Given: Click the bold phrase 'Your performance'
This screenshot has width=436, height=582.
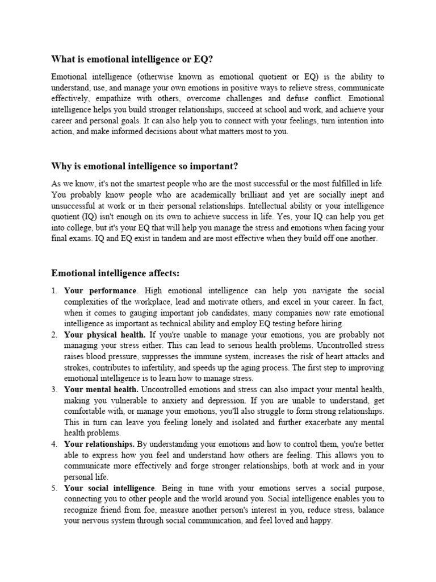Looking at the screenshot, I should [100, 291].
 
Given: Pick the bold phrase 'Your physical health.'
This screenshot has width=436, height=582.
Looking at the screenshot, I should [105, 335].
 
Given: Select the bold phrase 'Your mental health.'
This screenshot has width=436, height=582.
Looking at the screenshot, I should [101, 389].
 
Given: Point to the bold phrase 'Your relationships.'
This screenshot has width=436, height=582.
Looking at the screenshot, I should [99, 444].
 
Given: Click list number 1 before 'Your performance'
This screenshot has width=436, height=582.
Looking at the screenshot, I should [54, 291].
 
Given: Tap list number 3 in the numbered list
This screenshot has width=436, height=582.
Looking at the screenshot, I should [54, 389].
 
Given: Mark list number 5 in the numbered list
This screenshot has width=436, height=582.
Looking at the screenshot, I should [54, 488].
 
